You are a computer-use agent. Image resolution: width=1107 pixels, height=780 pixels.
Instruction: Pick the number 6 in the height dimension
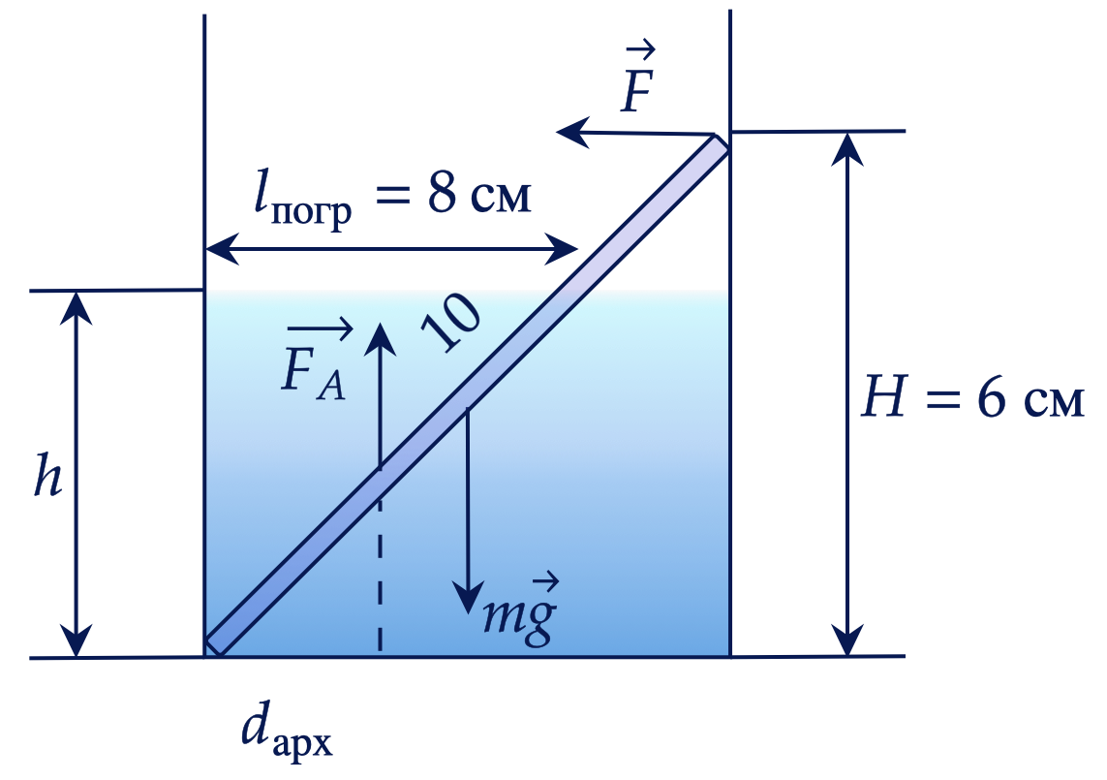[x=991, y=397]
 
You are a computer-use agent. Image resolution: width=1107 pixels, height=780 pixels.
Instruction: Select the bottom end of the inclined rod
[x=213, y=646]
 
